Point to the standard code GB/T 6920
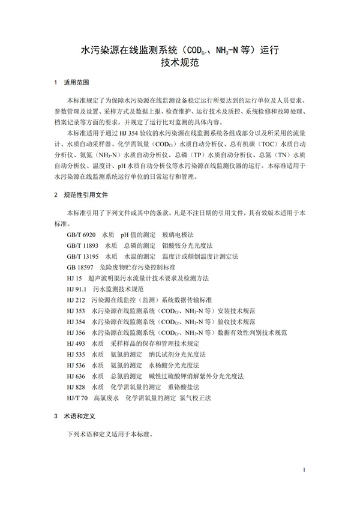tap(81, 234)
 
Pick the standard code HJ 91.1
tap(77, 289)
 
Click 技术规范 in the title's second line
tap(179, 61)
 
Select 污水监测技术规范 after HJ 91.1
tap(118, 289)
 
